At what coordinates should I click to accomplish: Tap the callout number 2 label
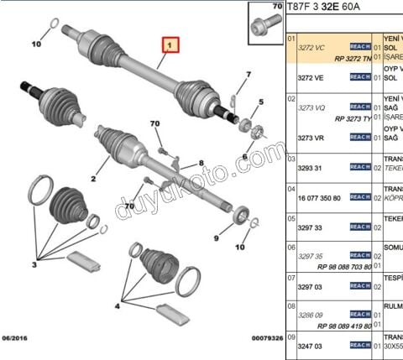pyautogui.click(x=94, y=179)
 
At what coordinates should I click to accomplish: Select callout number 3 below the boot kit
pyautogui.click(x=34, y=265)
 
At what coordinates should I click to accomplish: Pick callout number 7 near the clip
pyautogui.click(x=249, y=75)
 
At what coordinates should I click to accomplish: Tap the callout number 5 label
pyautogui.click(x=261, y=102)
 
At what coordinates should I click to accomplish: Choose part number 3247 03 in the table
pyautogui.click(x=311, y=344)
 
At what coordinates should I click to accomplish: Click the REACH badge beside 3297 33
pyautogui.click(x=360, y=227)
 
